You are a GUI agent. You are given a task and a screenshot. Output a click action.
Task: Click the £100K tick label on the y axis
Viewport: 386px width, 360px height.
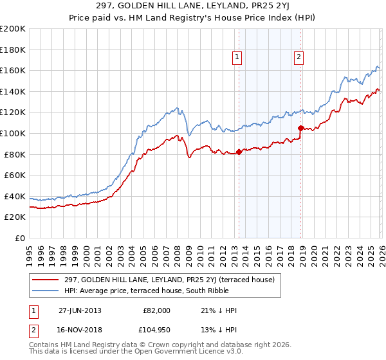pos(13,133)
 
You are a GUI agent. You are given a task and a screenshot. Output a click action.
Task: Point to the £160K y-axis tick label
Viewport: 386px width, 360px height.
pos(13,70)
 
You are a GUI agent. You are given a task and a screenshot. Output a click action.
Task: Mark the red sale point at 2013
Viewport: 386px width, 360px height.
pos(239,152)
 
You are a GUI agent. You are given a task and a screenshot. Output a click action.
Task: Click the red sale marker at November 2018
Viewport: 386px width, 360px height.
pos(300,128)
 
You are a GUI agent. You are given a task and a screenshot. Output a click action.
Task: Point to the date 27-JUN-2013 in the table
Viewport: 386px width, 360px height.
pos(79,310)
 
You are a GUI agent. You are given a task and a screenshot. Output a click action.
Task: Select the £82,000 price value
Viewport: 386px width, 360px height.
pos(156,310)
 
